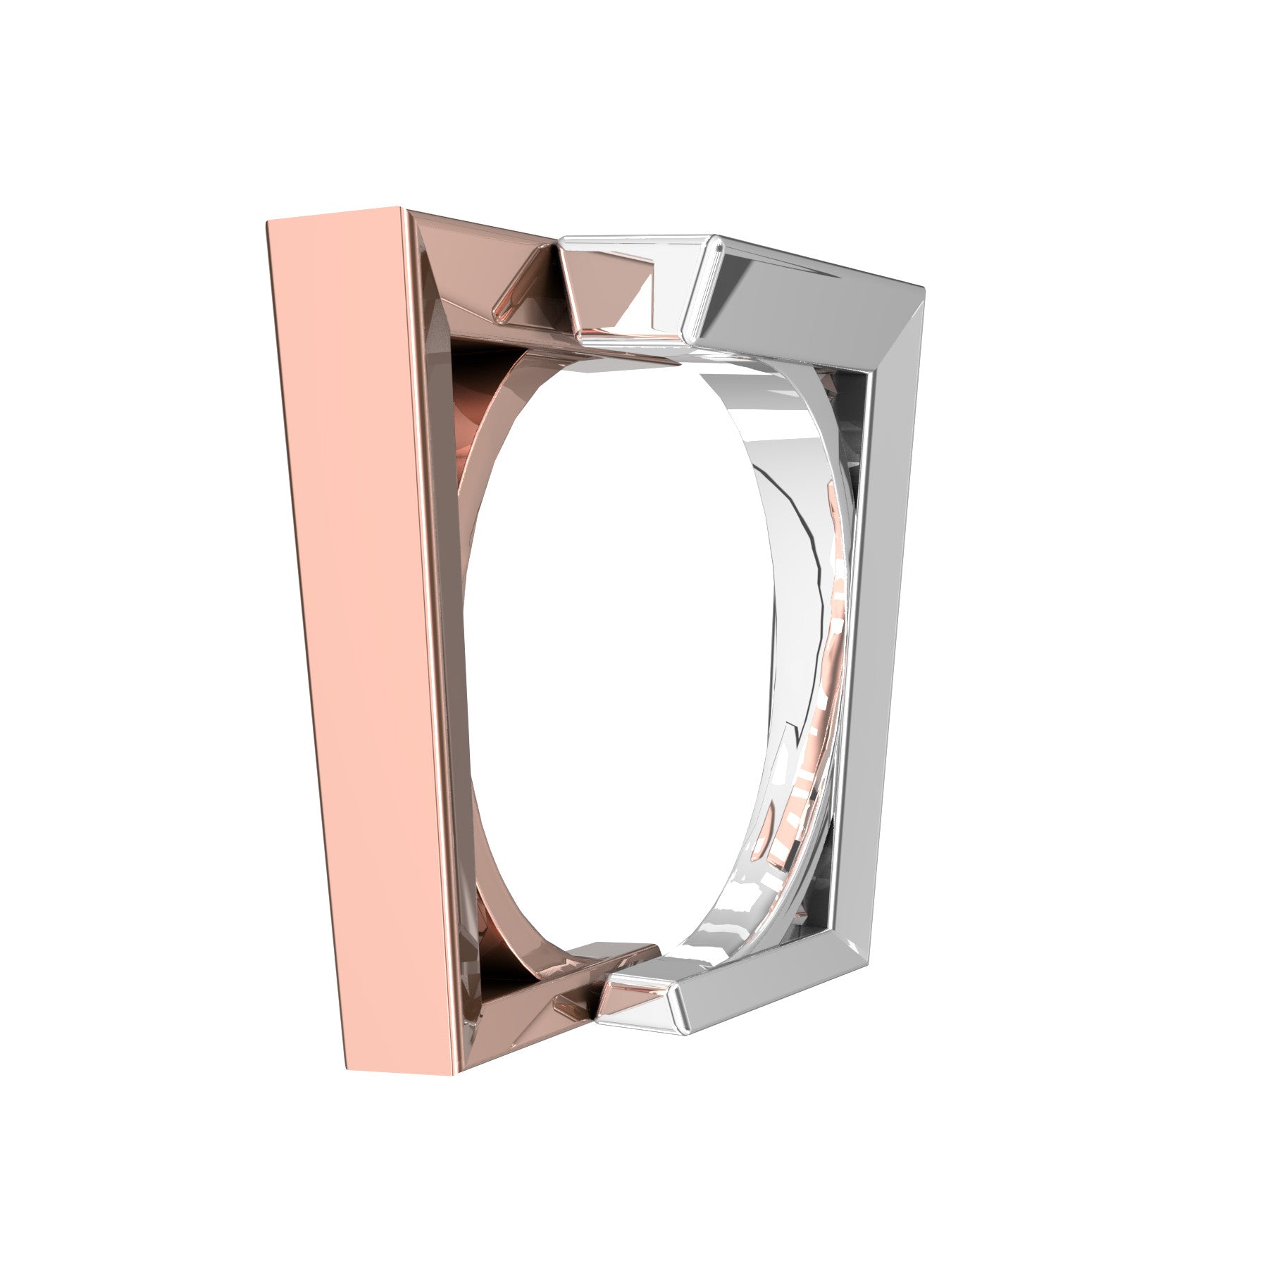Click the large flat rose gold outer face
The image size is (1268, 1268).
[x=359, y=634]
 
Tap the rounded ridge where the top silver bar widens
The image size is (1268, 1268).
[x=701, y=289]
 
